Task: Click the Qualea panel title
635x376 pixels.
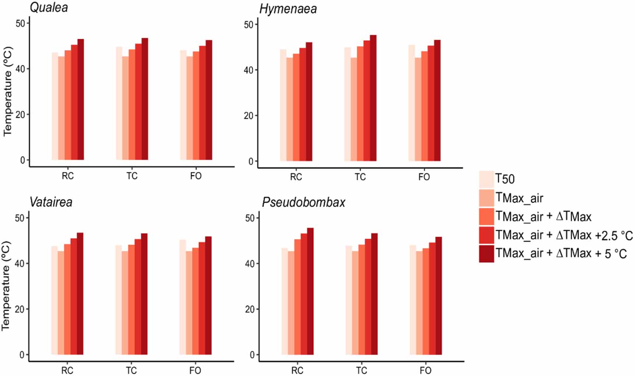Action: (49, 8)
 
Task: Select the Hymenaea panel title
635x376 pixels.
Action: (288, 9)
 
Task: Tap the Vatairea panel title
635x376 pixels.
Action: (51, 202)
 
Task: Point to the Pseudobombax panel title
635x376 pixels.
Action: (303, 202)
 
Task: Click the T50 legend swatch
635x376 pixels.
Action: (486, 179)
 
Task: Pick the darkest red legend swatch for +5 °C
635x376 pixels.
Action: (486, 254)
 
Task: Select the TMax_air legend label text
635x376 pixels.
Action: (519, 198)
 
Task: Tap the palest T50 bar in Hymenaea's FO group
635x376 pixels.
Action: (412, 103)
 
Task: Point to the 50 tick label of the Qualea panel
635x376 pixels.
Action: (20, 23)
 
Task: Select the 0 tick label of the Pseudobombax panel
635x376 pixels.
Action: (252, 355)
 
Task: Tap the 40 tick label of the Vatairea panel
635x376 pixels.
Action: (20, 264)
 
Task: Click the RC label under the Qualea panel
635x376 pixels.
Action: (68, 176)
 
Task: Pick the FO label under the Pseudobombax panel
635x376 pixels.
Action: (425, 370)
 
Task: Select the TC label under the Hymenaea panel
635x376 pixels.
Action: (360, 177)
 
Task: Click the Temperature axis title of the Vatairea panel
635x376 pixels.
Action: (6, 286)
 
